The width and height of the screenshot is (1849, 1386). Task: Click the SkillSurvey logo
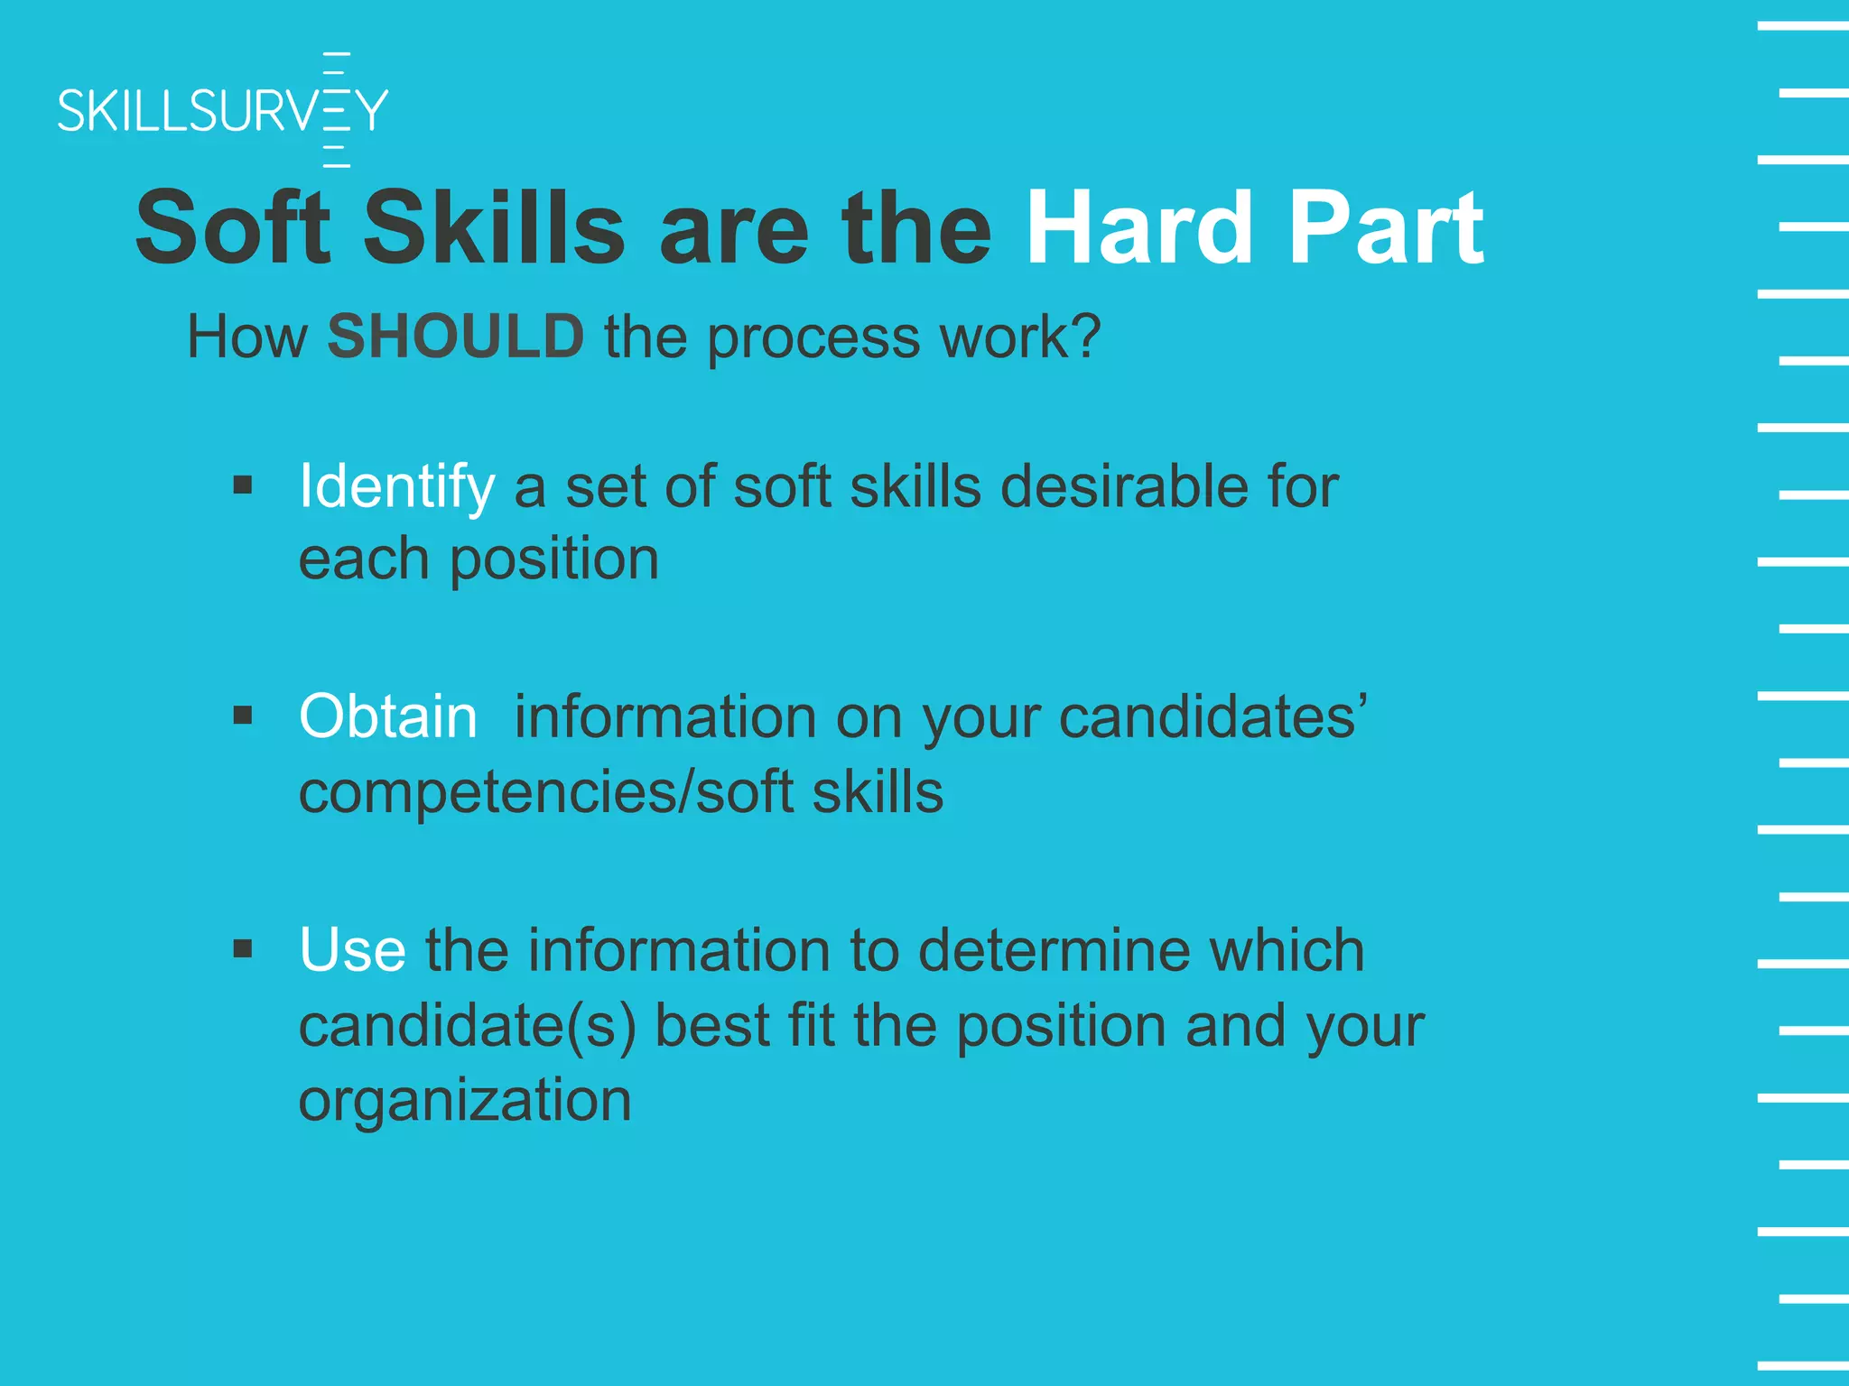coord(222,110)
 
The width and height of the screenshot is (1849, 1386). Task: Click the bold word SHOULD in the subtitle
coord(456,337)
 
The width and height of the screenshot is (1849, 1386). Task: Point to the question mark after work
coord(1086,337)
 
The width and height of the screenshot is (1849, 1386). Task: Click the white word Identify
coord(396,487)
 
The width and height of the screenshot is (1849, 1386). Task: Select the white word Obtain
coord(387,717)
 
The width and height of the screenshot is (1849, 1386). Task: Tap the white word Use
coord(352,950)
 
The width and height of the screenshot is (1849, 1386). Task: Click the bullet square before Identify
coord(242,486)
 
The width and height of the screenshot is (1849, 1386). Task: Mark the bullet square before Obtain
coord(242,716)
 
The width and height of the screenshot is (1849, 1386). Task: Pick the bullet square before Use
coord(242,949)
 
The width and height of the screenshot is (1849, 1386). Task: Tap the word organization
coord(465,1101)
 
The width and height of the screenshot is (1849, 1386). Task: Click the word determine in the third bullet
coord(1053,950)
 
